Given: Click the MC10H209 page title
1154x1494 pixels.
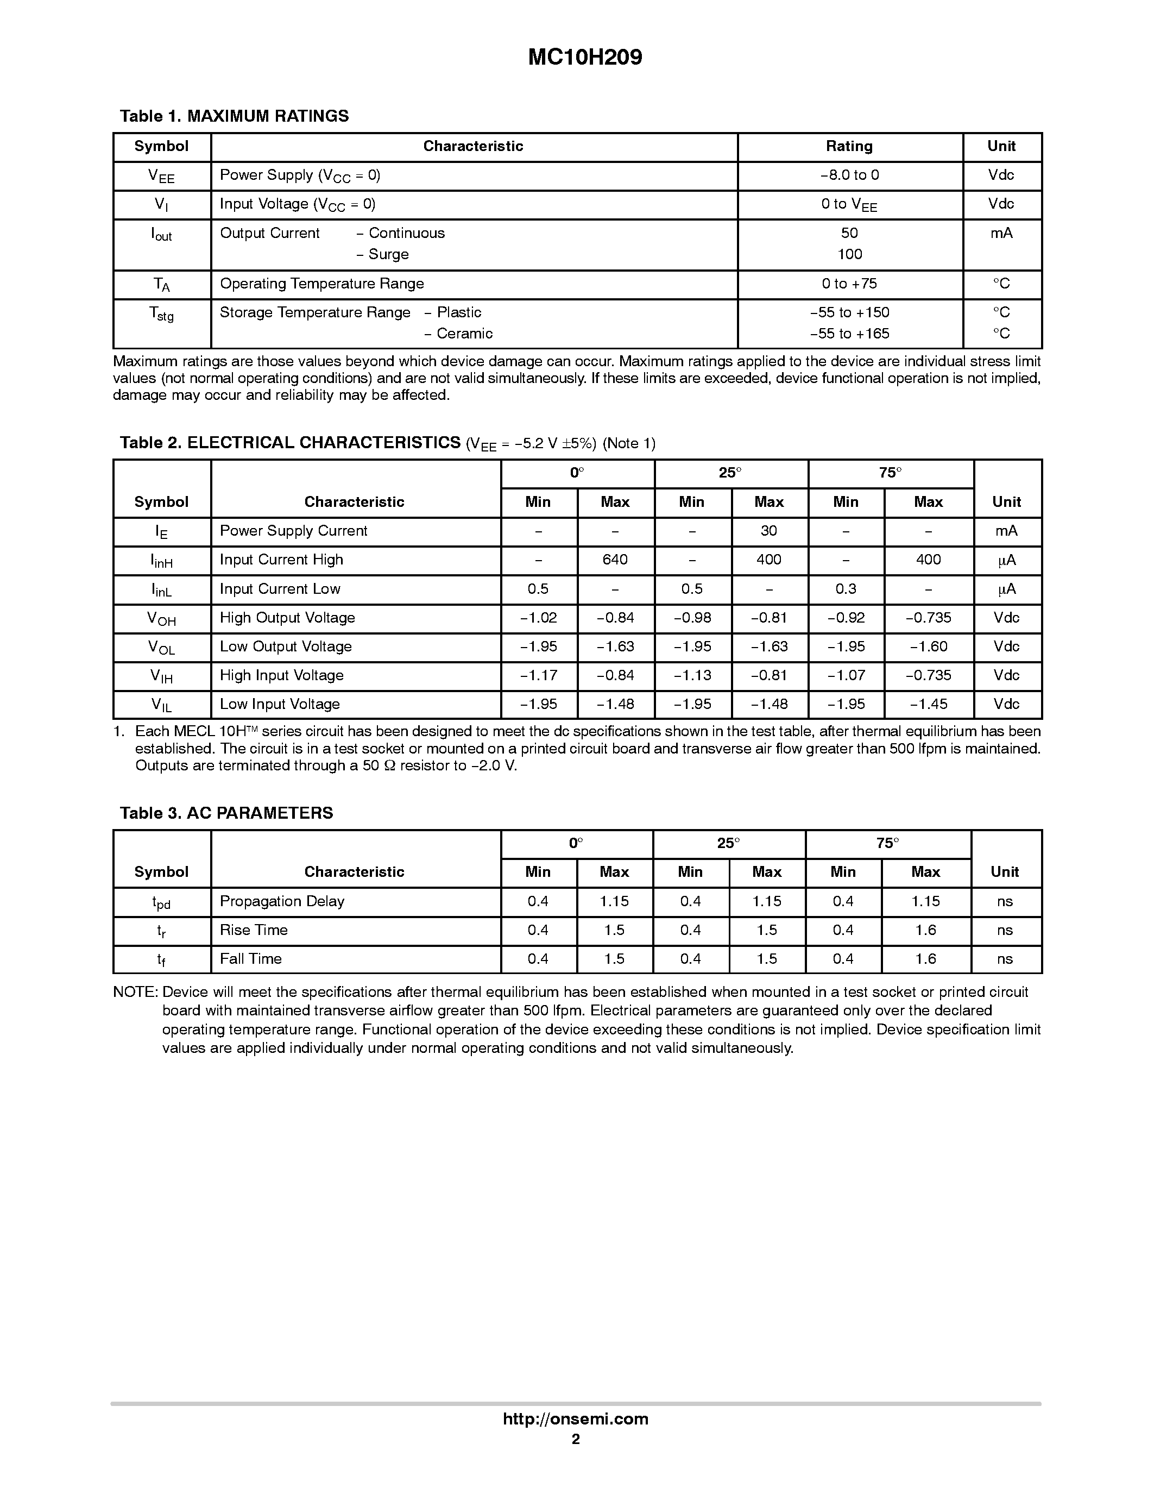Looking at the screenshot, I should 584,58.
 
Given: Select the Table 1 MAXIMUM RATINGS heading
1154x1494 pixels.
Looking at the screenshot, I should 234,116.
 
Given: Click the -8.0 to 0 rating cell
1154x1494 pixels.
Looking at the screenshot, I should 849,175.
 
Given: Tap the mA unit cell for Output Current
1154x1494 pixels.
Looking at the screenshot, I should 1001,233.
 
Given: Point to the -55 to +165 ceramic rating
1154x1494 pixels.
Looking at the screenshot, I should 849,334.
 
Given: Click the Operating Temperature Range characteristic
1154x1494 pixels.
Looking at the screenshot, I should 321,284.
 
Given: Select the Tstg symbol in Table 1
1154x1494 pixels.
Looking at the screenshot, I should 161,314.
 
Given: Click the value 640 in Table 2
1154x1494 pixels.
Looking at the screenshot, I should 615,560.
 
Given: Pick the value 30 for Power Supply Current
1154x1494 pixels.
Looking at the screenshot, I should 768,531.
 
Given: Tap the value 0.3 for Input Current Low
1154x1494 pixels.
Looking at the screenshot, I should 845,589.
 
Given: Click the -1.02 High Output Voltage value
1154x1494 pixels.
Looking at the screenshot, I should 538,618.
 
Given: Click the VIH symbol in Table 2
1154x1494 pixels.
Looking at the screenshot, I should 161,676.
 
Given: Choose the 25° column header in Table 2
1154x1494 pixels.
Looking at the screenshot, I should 730,473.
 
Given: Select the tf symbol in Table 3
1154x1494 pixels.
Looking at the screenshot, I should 161,960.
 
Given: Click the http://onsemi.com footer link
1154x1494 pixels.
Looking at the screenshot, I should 575,1418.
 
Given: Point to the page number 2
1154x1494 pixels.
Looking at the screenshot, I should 576,1439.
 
